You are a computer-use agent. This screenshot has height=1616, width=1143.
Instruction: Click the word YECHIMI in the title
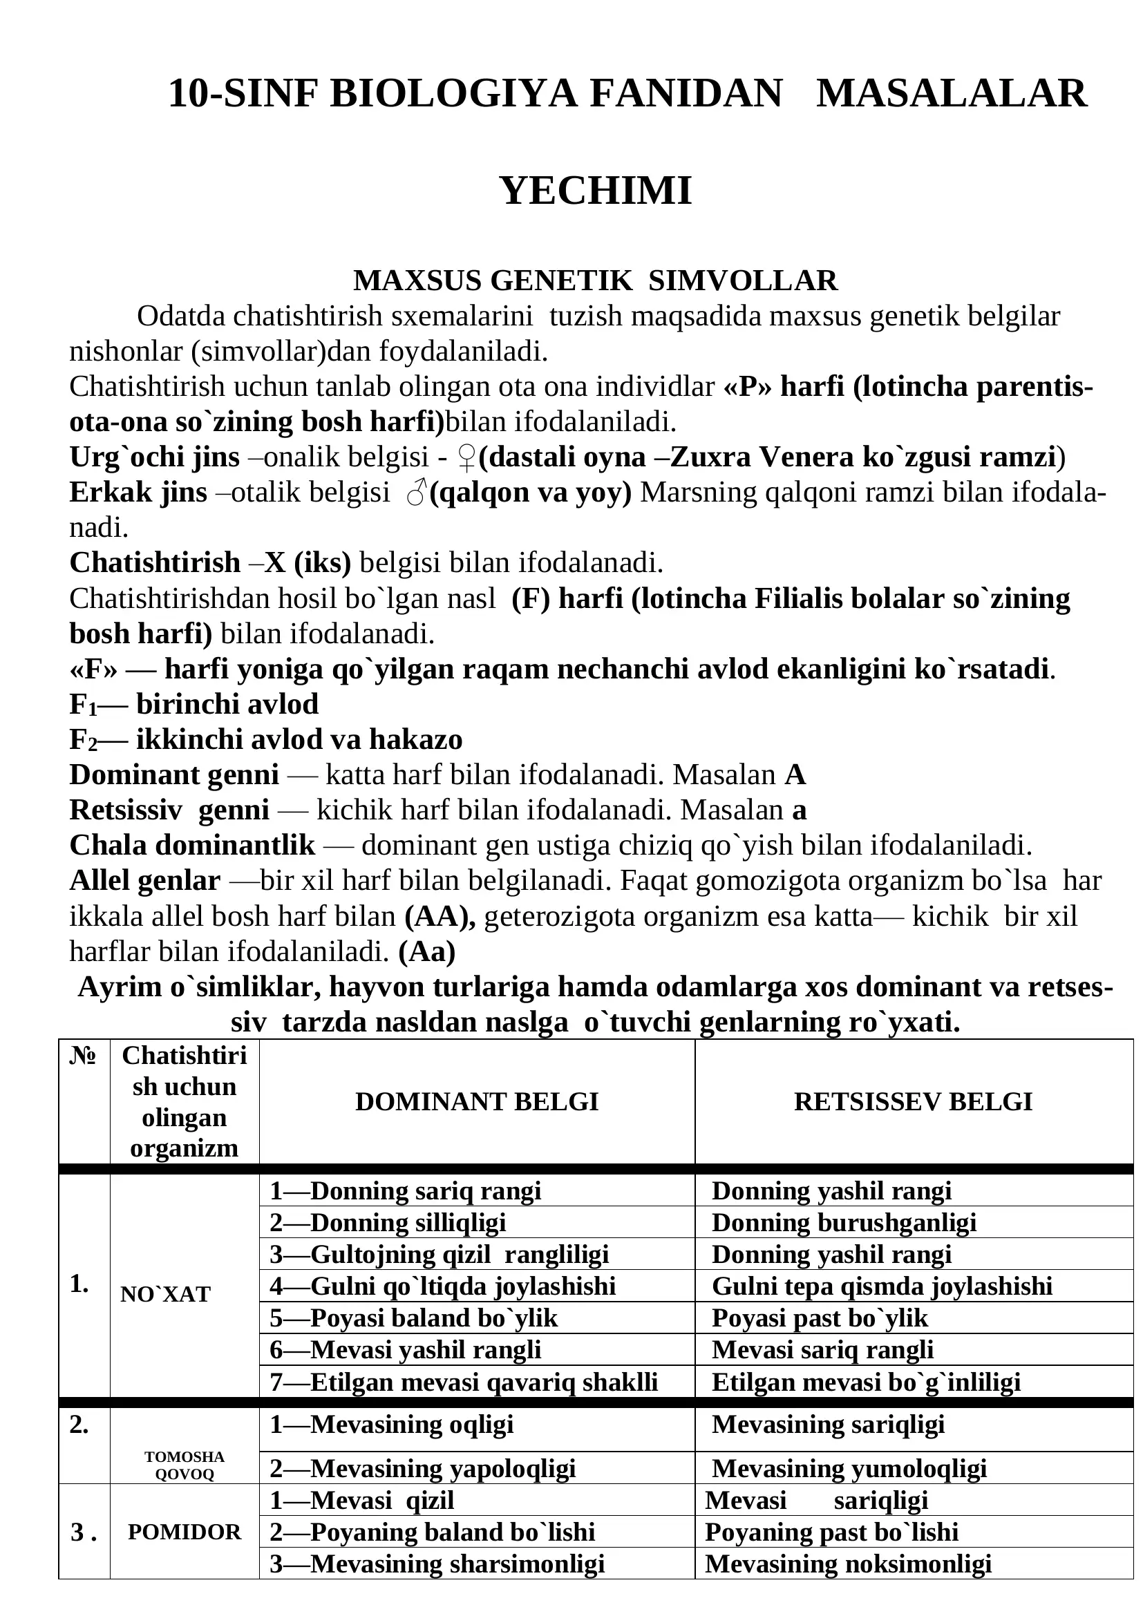pos(596,190)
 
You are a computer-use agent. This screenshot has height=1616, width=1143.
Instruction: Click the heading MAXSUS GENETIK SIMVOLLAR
pos(596,280)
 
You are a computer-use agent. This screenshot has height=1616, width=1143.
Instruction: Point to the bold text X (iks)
pos(308,562)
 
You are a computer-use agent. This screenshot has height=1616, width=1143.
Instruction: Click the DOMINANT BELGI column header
pos(477,1101)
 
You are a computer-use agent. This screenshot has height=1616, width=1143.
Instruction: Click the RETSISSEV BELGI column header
pos(913,1101)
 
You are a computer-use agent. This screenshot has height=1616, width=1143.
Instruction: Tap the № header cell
pos(83,1056)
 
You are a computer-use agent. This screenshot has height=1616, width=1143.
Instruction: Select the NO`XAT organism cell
pos(165,1294)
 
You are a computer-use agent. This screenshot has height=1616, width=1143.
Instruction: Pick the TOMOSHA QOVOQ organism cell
pos(185,1465)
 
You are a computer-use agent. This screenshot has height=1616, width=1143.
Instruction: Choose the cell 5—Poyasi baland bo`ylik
pos(414,1318)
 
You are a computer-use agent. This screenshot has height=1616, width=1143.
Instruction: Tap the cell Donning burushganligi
pos(844,1223)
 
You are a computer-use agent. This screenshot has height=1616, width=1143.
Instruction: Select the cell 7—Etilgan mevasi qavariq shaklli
pos(464,1382)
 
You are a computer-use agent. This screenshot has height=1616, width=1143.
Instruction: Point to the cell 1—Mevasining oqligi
pos(391,1425)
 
